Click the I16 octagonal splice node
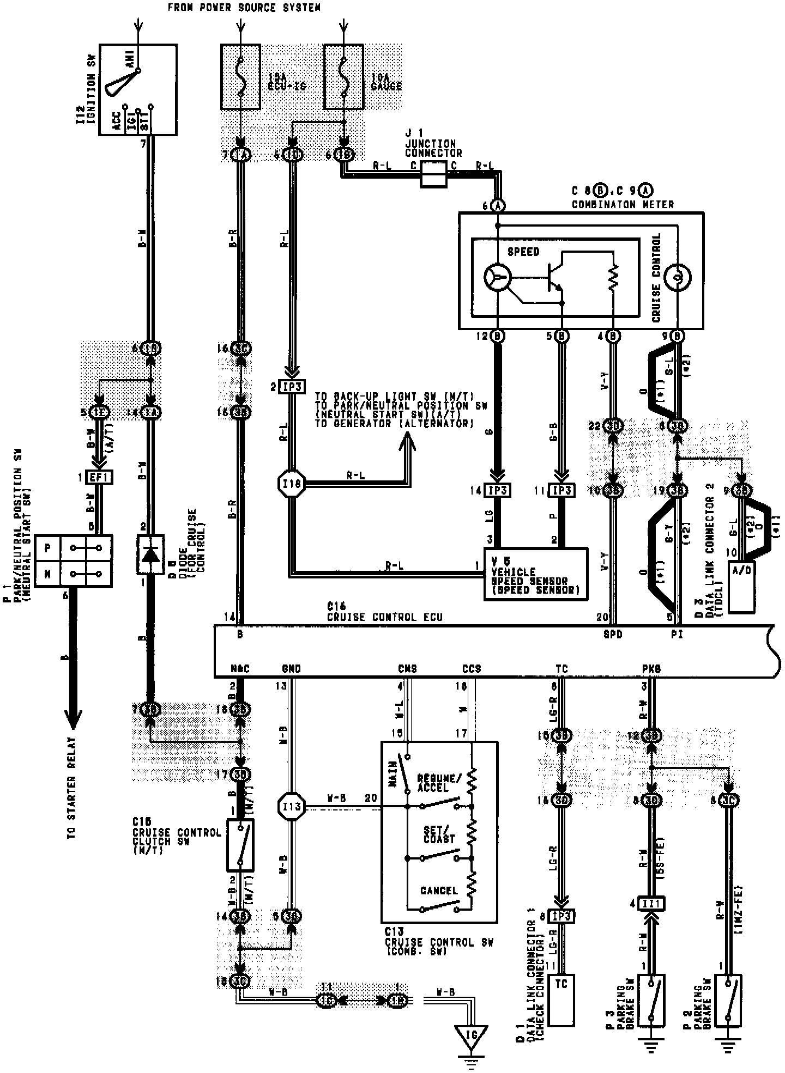point(292,483)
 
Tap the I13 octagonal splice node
point(292,807)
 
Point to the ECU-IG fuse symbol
point(240,77)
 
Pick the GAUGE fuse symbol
point(343,77)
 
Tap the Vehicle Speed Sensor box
point(535,574)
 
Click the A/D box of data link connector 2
point(742,586)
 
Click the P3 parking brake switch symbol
point(651,1000)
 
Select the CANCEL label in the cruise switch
point(439,891)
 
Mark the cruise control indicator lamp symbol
point(678,278)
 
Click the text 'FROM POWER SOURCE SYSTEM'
point(243,8)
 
